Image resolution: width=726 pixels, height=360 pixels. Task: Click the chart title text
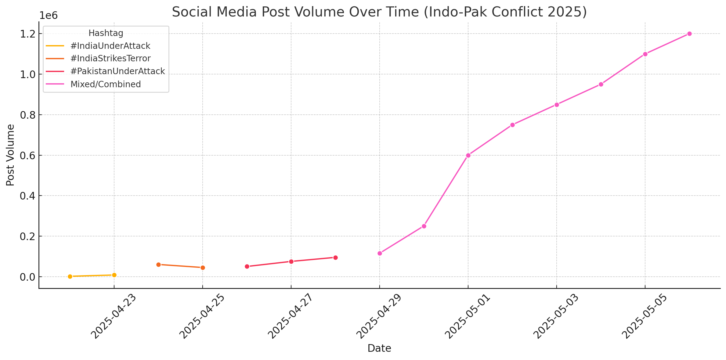(x=379, y=12)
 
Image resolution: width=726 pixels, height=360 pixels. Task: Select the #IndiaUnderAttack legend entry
(x=110, y=46)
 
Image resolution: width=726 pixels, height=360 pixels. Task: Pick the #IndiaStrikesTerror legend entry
(x=110, y=58)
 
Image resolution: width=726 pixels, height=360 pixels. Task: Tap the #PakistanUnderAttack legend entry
(x=117, y=71)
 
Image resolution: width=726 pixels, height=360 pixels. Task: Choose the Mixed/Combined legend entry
(x=106, y=84)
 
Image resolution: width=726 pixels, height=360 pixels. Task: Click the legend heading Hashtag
(x=106, y=33)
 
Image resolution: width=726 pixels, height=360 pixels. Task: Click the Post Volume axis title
(x=10, y=155)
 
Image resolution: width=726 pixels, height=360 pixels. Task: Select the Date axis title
(x=379, y=348)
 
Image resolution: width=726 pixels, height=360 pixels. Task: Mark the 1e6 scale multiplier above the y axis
(x=49, y=15)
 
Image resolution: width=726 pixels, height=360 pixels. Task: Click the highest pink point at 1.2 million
(x=689, y=34)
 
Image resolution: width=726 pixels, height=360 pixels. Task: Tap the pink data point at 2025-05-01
(x=468, y=155)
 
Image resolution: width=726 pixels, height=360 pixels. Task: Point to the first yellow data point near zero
(x=70, y=276)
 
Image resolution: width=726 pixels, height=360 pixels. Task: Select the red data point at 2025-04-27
(x=291, y=261)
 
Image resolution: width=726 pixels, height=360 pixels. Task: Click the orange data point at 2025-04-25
(x=203, y=268)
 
